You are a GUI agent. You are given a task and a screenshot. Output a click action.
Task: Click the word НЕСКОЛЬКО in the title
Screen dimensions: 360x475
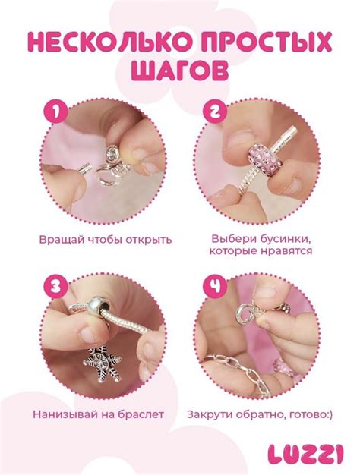tap(110, 42)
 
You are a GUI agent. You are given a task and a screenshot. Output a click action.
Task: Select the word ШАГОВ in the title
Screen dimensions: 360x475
tap(179, 72)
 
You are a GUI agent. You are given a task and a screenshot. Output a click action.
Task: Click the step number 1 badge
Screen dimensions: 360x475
tap(55, 112)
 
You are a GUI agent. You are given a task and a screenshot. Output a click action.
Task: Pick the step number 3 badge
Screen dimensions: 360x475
tap(55, 286)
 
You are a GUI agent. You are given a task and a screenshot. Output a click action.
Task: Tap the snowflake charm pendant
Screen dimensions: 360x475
tap(103, 364)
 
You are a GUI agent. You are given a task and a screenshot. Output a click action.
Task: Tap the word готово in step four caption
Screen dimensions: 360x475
tap(308, 415)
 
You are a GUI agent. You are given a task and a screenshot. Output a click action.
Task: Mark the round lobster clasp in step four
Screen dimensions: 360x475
tap(244, 311)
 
